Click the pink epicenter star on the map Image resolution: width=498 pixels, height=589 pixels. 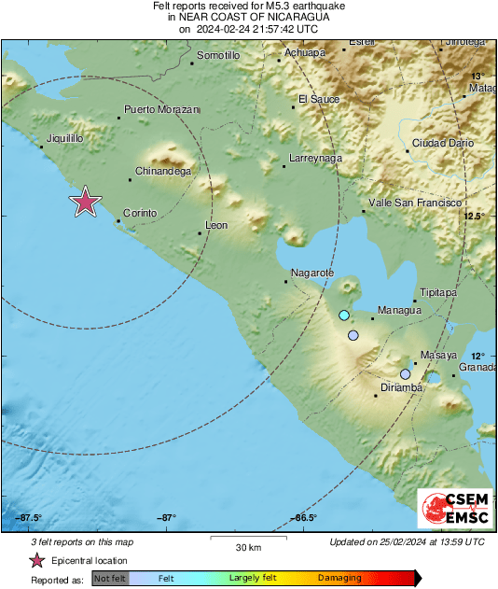86,201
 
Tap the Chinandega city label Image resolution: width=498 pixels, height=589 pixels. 163,172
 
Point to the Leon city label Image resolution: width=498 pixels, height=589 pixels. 215,225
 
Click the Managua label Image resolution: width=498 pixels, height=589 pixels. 399,310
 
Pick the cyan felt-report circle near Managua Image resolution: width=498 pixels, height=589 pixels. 344,316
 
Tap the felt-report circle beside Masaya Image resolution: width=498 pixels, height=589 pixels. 405,373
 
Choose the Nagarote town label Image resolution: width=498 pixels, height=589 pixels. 312,272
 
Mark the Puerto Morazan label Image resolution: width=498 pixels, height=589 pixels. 162,109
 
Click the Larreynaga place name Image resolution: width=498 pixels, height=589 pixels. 315,159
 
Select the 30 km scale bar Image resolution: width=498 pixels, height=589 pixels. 247,539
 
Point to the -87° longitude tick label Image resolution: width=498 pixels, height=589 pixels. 167,518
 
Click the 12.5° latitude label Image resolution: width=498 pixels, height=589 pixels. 476,217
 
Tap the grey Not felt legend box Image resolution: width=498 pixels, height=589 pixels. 110,579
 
